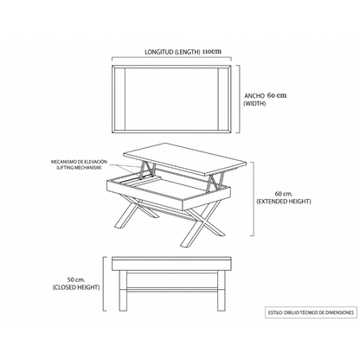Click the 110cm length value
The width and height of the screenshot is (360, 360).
coord(212,52)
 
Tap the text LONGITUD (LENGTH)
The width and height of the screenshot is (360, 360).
coord(172,52)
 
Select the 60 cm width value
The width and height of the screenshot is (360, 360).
coord(277,95)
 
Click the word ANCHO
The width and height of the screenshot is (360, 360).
coord(254,96)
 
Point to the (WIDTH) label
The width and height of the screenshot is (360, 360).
coord(254,104)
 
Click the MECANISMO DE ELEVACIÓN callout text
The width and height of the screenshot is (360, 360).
coord(79,162)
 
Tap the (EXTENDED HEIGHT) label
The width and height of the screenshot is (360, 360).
coord(284,202)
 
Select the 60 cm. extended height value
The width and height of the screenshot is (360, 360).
coord(284,194)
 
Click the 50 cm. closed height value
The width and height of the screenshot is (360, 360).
coord(76,280)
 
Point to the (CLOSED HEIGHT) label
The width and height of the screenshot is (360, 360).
coord(76,287)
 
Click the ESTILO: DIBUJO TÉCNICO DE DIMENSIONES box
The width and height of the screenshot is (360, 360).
coord(311,312)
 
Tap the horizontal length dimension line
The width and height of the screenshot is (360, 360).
coord(171,58)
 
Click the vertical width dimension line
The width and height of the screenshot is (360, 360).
coord(239,99)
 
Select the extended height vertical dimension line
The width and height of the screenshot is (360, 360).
coord(254,199)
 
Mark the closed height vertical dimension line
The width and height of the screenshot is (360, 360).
coord(104,284)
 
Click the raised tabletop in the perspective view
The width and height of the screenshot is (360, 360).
coord(185,158)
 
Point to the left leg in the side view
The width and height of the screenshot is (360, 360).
coord(123,291)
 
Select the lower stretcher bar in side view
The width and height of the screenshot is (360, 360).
coord(171,290)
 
